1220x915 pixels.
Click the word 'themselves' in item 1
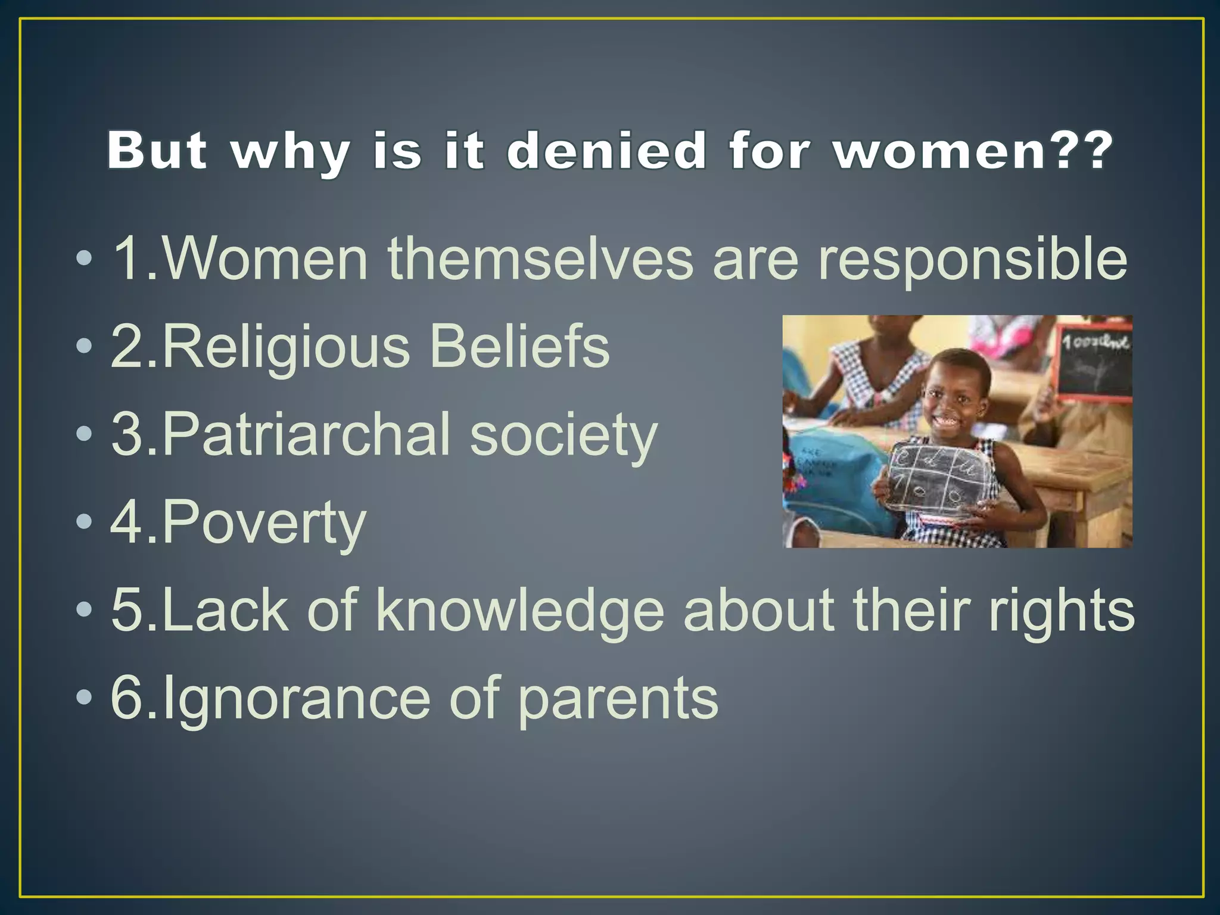click(540, 259)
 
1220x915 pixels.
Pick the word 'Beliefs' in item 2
click(519, 347)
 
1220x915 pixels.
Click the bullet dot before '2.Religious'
click(85, 346)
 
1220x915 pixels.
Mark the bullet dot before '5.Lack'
click(85, 609)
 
